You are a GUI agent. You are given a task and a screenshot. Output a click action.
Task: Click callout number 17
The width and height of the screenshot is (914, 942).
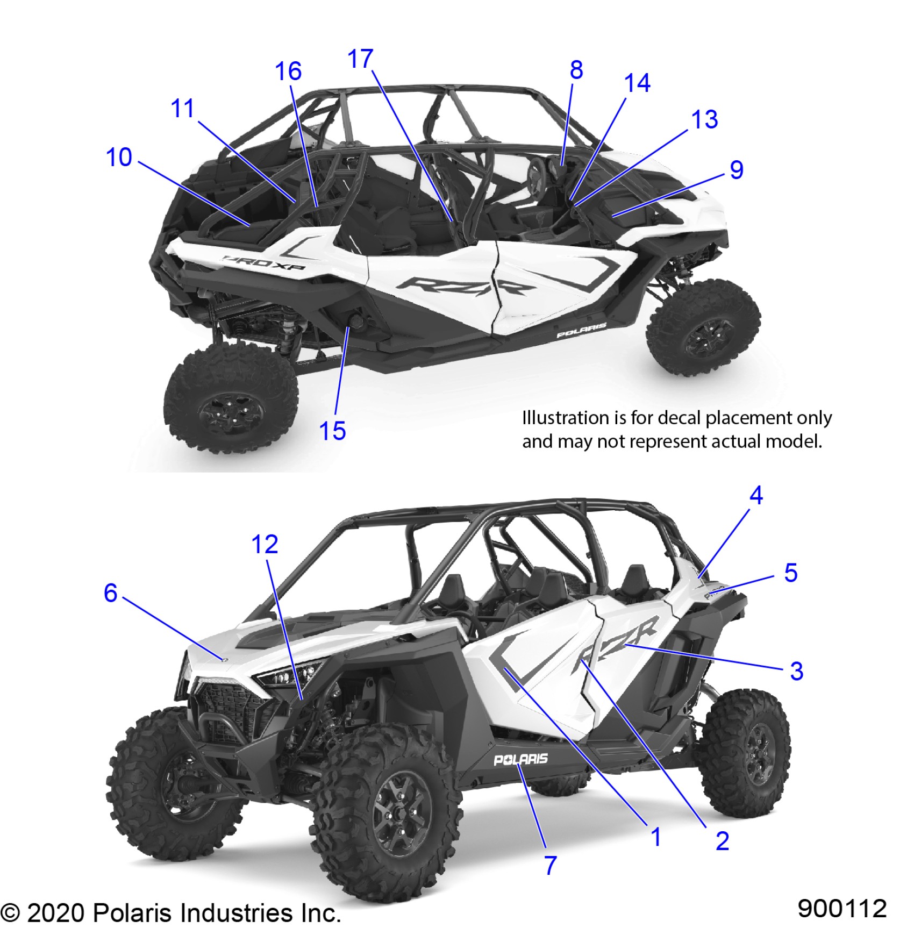pyautogui.click(x=360, y=59)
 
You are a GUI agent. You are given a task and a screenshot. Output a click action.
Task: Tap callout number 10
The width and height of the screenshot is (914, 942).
pyautogui.click(x=119, y=158)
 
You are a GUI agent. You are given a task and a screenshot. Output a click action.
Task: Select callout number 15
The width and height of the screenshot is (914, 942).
pyautogui.click(x=332, y=431)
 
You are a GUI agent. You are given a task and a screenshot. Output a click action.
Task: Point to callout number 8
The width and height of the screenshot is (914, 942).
pyautogui.click(x=576, y=70)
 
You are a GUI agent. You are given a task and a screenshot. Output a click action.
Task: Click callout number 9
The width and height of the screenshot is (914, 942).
pyautogui.click(x=736, y=170)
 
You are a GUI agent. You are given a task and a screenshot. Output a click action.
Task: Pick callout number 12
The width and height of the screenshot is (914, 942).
pyautogui.click(x=265, y=545)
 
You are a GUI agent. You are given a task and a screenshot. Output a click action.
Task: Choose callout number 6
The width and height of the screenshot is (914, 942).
pyautogui.click(x=110, y=593)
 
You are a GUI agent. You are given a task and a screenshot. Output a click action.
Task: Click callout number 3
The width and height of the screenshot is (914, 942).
pyautogui.click(x=796, y=671)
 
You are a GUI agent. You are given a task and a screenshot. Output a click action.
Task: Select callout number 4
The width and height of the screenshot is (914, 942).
pyautogui.click(x=756, y=495)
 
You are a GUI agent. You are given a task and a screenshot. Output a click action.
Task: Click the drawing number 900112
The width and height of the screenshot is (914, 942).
pyautogui.click(x=842, y=909)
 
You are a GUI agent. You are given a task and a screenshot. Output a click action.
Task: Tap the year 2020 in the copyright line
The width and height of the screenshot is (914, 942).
pyautogui.click(x=55, y=913)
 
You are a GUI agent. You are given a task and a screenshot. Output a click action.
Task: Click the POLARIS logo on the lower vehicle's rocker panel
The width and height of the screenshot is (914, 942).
pyautogui.click(x=520, y=759)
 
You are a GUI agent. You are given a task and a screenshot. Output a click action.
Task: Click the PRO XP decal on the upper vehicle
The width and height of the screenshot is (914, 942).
pyautogui.click(x=265, y=263)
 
